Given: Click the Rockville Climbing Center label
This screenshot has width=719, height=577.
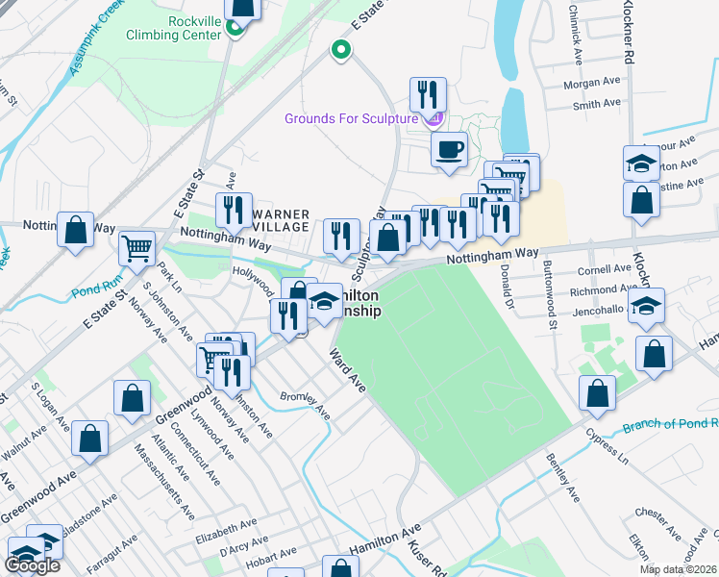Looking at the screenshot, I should [179, 26].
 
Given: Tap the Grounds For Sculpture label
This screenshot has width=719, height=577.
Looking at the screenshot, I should [354, 118].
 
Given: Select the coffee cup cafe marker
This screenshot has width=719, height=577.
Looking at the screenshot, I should [448, 150].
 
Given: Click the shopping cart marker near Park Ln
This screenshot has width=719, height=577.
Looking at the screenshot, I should [137, 248].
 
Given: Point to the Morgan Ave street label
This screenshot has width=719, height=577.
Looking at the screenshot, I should [594, 84].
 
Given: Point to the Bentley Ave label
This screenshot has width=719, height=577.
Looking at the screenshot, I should [564, 479].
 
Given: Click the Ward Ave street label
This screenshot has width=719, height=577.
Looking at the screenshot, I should [348, 369].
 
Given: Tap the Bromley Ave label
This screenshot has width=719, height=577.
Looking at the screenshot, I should [305, 407].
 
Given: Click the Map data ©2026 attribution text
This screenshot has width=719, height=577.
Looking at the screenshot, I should [678, 569].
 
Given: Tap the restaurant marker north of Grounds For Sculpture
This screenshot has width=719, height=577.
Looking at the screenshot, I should [425, 94].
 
